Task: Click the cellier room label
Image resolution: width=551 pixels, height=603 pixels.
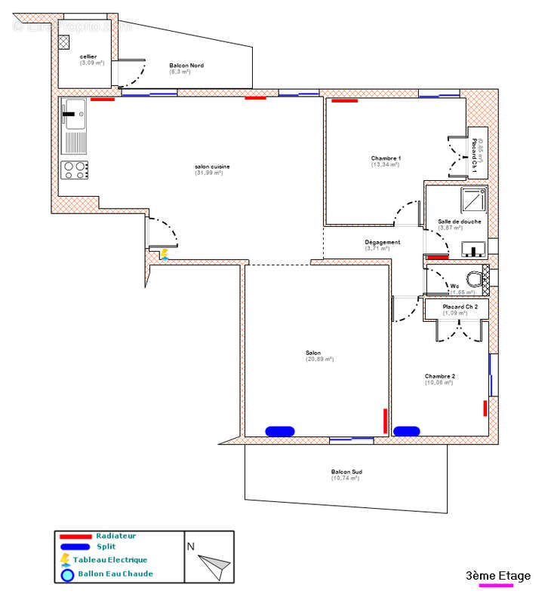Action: [x=88, y=57]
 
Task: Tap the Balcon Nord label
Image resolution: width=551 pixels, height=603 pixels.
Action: [x=186, y=66]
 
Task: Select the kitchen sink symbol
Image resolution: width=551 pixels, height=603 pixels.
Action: [x=74, y=115]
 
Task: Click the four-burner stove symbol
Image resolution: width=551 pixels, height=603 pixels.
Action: [x=74, y=170]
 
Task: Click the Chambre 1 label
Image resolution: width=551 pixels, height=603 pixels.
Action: [x=386, y=158]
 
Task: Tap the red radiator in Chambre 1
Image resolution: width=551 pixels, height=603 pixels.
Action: [x=345, y=99]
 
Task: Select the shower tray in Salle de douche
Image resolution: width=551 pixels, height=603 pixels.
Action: [x=473, y=200]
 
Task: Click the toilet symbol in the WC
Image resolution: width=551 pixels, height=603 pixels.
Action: [x=473, y=279]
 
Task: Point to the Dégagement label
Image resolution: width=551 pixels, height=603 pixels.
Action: [x=382, y=242]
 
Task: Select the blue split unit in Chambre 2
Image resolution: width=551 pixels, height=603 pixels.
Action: [x=407, y=431]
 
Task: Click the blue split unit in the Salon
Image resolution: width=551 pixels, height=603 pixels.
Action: [x=279, y=431]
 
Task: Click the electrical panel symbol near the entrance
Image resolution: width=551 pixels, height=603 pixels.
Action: [x=165, y=255]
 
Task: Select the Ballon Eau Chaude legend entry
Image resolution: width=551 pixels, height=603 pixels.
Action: [x=115, y=574]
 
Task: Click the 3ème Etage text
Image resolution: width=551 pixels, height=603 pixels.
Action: [x=497, y=576]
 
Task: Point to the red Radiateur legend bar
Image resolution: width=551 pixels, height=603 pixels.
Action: [x=75, y=536]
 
